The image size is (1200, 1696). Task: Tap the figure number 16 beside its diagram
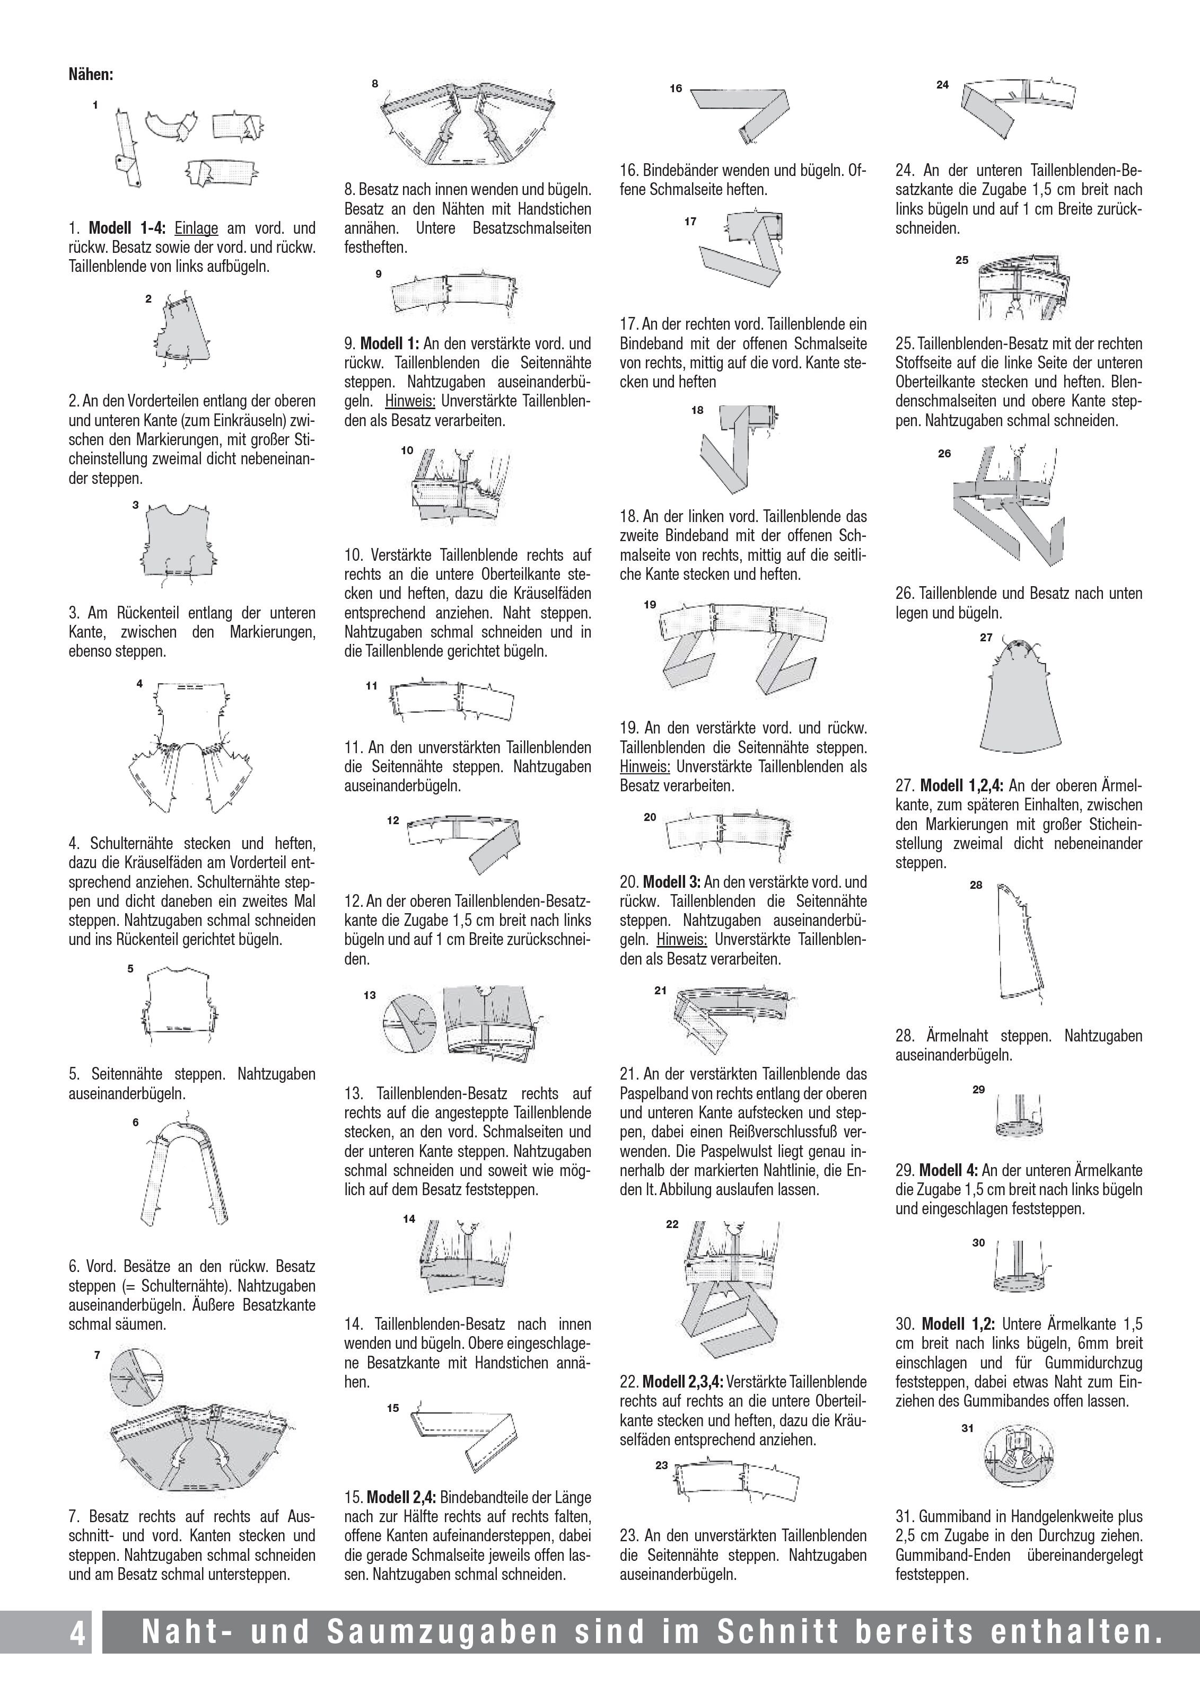pyautogui.click(x=676, y=89)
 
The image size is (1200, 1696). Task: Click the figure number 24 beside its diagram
pyautogui.click(x=942, y=85)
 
